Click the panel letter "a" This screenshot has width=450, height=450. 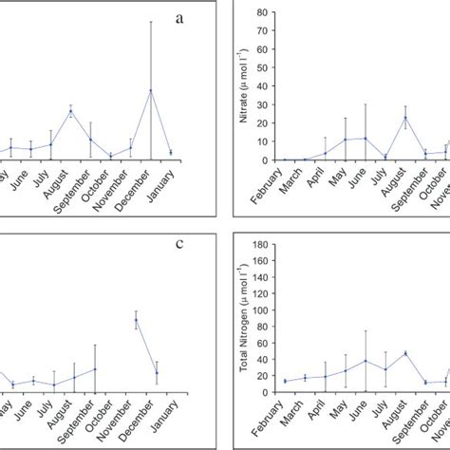coord(178,19)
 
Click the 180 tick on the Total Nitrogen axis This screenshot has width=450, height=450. coord(269,244)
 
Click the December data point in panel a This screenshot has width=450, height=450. coord(150,91)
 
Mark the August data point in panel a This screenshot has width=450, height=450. coord(70,112)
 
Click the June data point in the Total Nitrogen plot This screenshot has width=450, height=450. coord(366,361)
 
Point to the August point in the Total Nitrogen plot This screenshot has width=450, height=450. coord(405,353)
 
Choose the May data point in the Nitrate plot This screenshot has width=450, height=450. coord(346,141)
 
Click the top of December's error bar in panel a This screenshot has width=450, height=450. coord(150,22)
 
